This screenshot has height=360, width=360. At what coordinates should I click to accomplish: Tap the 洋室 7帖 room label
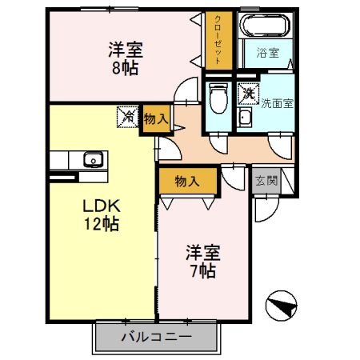pyautogui.click(x=202, y=261)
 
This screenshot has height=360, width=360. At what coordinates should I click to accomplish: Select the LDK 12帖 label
pyautogui.click(x=102, y=214)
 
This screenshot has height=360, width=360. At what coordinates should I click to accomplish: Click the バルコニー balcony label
pyautogui.click(x=156, y=336)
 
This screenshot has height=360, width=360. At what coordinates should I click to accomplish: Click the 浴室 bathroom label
pyautogui.click(x=267, y=54)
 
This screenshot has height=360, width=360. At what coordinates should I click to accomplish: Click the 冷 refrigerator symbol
pyautogui.click(x=127, y=117)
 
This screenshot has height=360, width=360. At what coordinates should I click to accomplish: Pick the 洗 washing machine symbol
pyautogui.click(x=249, y=93)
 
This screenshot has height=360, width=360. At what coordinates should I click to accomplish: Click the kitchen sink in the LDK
pyautogui.click(x=94, y=159)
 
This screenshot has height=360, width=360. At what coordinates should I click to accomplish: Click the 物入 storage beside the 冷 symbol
pyautogui.click(x=156, y=118)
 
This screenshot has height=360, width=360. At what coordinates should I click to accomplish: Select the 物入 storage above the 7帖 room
pyautogui.click(x=186, y=182)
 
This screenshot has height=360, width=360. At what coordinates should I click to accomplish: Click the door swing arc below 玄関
pyautogui.click(x=262, y=209)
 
